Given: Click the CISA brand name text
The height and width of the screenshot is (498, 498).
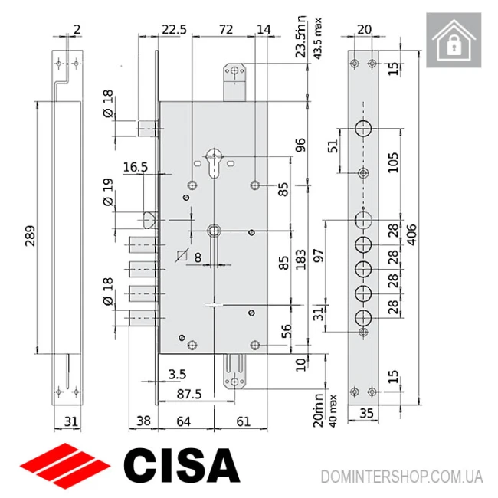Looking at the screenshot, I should tap(182, 464).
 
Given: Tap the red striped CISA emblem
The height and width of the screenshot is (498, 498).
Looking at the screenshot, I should tap(66, 464).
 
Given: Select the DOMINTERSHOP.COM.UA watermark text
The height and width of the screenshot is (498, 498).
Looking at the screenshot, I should tap(402, 476).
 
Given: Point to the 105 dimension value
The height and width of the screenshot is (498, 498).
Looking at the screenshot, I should tap(392, 162).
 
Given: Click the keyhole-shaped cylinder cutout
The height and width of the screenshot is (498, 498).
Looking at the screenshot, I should tap(214, 165).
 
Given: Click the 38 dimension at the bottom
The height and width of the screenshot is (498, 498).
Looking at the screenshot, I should tap(143, 421).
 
